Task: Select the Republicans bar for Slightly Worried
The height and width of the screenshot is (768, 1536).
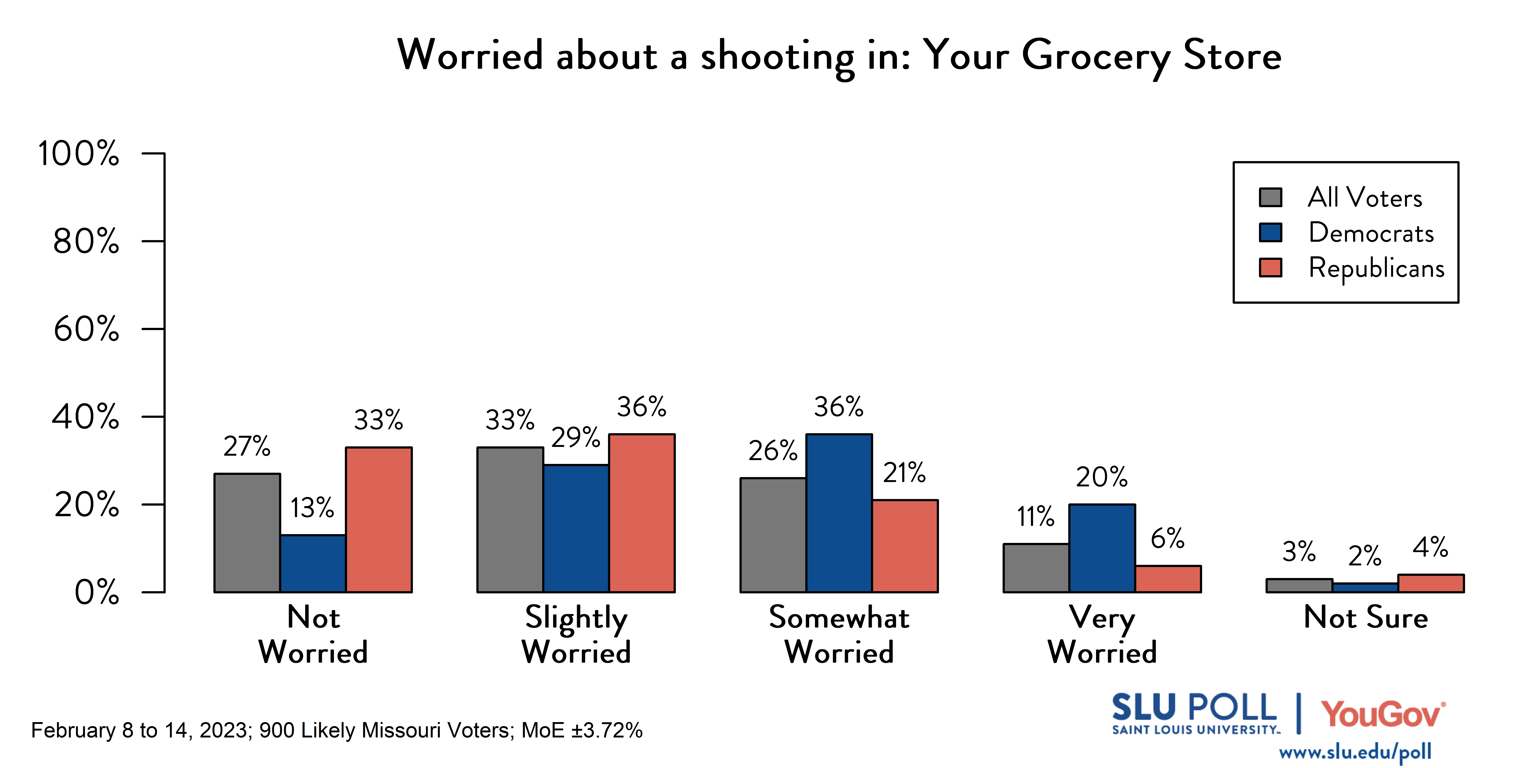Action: click(x=642, y=513)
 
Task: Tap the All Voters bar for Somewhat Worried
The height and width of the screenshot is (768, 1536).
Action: click(x=773, y=535)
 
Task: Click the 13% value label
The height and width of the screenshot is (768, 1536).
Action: click(x=312, y=508)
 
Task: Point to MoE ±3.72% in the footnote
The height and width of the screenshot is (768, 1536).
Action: click(x=581, y=731)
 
